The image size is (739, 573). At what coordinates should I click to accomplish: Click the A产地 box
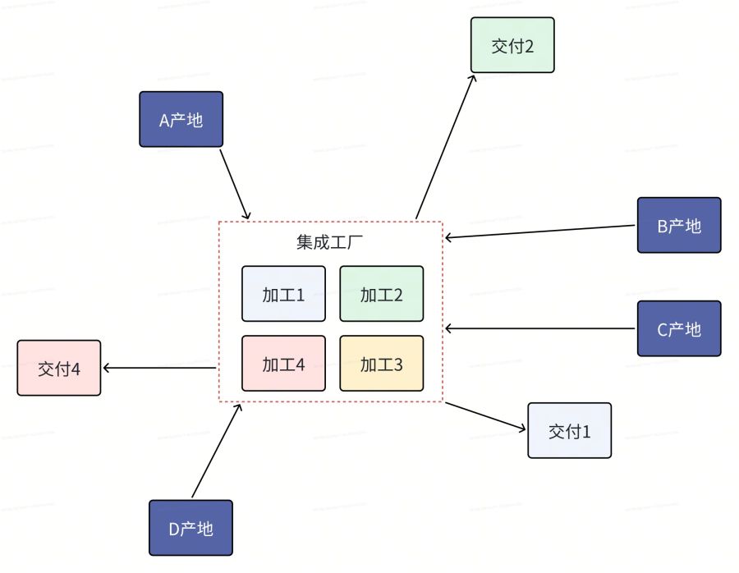tap(181, 119)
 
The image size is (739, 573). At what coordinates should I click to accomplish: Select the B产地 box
tap(679, 225)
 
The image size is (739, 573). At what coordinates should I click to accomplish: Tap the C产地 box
tap(679, 328)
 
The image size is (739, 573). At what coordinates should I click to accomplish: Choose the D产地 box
tap(190, 528)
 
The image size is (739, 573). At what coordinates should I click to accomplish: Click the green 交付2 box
tap(512, 45)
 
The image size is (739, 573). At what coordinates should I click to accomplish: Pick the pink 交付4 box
tap(58, 368)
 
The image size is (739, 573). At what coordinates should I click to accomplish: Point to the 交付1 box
tap(570, 430)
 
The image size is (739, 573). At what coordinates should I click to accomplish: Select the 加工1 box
tap(283, 294)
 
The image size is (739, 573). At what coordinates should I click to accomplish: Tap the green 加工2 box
tap(381, 294)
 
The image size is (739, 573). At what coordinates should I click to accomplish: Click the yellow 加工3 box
tap(381, 364)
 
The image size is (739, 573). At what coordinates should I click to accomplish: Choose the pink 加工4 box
tap(283, 364)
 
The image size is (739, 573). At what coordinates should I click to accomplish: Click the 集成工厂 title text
tap(329, 243)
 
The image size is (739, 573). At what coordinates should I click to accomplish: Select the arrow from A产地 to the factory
tap(236, 184)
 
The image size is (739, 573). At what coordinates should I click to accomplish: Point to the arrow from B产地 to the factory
tap(540, 231)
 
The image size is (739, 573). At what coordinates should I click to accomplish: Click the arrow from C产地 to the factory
tap(540, 328)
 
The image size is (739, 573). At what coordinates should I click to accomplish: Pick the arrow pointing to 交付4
tap(159, 368)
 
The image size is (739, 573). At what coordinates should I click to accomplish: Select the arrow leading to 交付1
tap(484, 415)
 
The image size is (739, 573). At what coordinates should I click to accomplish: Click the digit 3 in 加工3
tap(398, 364)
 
